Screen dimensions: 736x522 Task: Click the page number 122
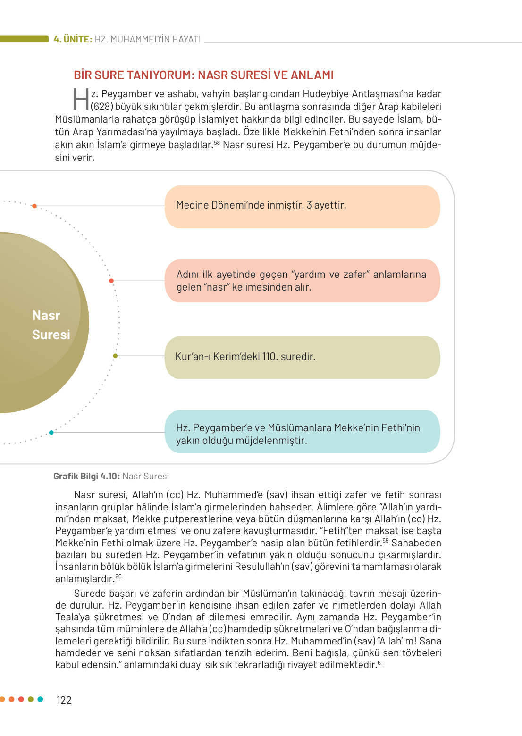click(x=64, y=700)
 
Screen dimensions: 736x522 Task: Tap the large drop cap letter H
click(x=81, y=99)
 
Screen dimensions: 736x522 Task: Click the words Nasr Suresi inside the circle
click(x=50, y=325)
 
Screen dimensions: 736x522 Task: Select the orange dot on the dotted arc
click(x=34, y=206)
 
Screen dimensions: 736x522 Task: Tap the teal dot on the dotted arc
click(x=51, y=432)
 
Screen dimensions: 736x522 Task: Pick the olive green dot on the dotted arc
click(x=115, y=356)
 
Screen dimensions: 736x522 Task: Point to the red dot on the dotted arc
click(x=111, y=281)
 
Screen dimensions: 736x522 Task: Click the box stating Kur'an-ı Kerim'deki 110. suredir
click(x=302, y=357)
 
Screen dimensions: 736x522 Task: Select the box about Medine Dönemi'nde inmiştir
click(x=302, y=206)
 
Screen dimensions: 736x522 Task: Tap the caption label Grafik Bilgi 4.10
click(x=86, y=476)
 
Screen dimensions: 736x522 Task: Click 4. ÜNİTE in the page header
click(x=73, y=39)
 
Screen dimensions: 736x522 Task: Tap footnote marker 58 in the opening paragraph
click(x=217, y=142)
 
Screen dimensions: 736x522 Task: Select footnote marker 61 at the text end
click(x=380, y=662)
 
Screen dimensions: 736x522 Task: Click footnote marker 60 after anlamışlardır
click(x=118, y=577)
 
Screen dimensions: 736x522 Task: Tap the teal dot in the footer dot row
click(x=40, y=699)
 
